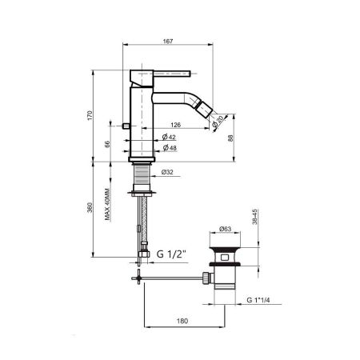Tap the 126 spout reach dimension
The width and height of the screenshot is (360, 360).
[175, 125]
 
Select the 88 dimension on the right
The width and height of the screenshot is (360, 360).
[232, 138]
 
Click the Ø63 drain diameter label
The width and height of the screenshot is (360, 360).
[226, 230]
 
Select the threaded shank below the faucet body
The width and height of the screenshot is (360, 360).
[141, 174]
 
